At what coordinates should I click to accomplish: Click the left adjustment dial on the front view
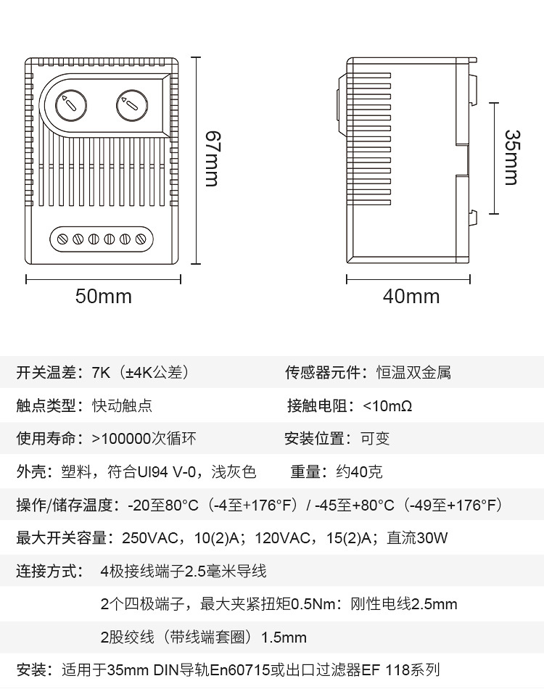point(70,106)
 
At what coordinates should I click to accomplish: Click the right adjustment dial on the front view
point(131,106)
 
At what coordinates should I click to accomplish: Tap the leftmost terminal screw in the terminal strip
point(62,238)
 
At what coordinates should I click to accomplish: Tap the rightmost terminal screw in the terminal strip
point(141,238)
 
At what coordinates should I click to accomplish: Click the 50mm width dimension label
point(104,296)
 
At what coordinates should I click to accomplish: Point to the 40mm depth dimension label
point(411,296)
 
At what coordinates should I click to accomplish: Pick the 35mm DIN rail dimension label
point(512,158)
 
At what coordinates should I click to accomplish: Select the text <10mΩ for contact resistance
point(387,406)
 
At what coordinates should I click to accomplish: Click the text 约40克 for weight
point(359,472)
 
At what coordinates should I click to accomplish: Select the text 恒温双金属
point(413,373)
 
